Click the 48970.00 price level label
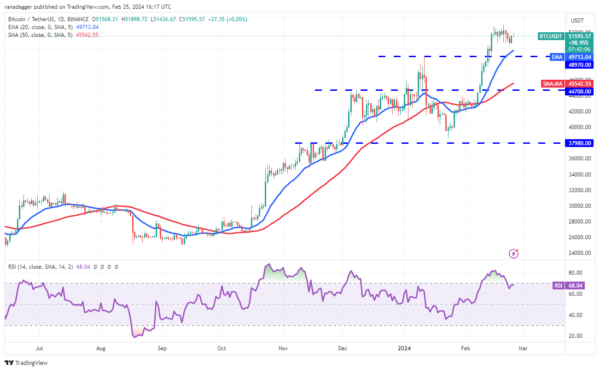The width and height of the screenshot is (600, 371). (x=579, y=65)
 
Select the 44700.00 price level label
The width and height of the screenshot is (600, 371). (x=579, y=92)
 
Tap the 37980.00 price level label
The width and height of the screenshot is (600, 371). (x=579, y=143)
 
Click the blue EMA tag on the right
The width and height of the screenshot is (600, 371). (x=557, y=57)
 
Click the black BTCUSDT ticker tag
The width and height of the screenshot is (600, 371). (x=550, y=35)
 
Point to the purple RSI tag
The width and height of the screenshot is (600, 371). (x=558, y=286)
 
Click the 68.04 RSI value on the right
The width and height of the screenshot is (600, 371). (x=575, y=286)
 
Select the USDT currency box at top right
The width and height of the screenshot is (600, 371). (x=577, y=21)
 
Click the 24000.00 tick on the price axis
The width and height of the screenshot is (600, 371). (x=579, y=253)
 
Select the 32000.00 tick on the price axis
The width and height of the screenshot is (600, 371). (x=579, y=190)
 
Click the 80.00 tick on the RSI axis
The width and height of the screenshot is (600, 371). (x=576, y=273)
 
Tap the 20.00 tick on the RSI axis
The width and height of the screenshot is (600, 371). (x=576, y=336)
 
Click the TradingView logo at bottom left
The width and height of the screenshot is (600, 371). (x=27, y=363)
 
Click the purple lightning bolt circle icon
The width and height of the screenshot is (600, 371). (x=514, y=253)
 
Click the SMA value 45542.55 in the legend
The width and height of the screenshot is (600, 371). (x=86, y=35)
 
